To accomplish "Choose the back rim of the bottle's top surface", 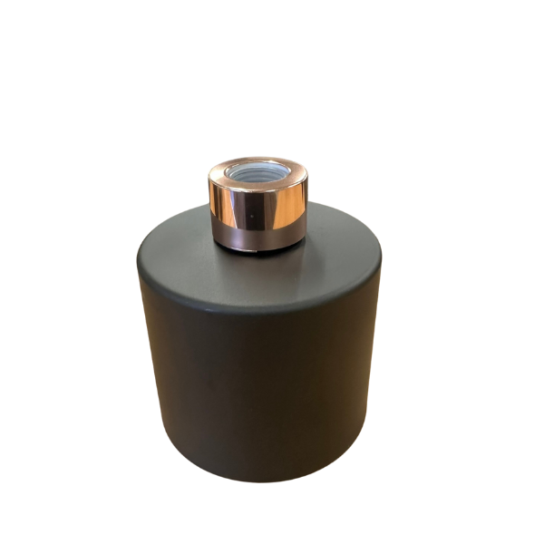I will (x=308, y=210).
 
